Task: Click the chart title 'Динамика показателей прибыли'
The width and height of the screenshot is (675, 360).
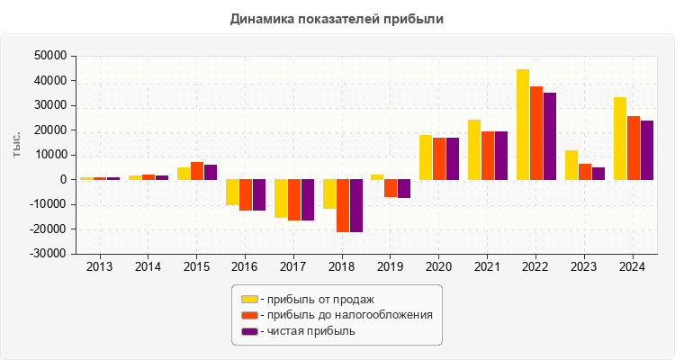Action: (337, 18)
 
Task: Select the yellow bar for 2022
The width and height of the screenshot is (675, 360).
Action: (523, 124)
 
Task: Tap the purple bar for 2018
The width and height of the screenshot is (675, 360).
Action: (355, 205)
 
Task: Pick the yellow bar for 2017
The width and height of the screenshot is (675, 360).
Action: (281, 198)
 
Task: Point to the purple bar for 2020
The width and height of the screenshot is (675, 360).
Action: (453, 158)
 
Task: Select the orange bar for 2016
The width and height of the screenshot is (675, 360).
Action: (246, 194)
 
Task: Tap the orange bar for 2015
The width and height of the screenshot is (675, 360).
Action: (197, 170)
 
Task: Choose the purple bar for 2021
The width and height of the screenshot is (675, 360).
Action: (501, 155)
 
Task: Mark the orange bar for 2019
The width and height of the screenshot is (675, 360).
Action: (391, 188)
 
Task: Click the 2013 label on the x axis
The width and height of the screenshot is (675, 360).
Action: (100, 266)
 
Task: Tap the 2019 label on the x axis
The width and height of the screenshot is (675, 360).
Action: (391, 266)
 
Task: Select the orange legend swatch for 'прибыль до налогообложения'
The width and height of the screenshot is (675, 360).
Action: (249, 315)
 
